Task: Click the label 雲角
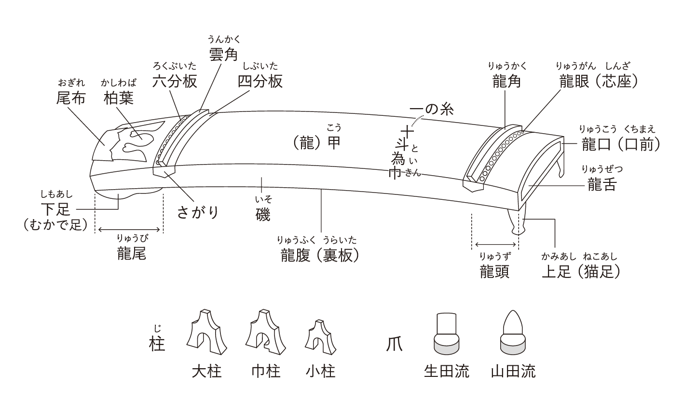[x=223, y=55]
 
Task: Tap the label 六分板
[x=175, y=81]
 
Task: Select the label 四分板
[x=260, y=81]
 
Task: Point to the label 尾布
[x=71, y=98]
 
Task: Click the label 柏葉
[x=119, y=98]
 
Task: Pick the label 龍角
[x=506, y=81]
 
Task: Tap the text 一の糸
[x=432, y=110]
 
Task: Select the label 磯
[x=263, y=214]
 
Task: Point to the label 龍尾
[x=131, y=253]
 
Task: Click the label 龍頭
[x=495, y=271]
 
